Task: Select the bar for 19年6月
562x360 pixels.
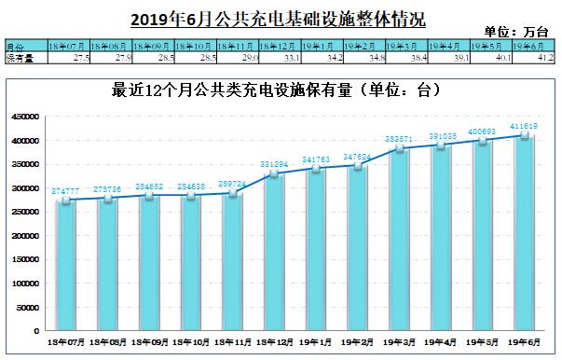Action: [526, 233]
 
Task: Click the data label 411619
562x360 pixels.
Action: [525, 125]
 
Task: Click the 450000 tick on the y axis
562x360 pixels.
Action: [24, 118]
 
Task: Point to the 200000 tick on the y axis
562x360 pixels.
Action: [24, 236]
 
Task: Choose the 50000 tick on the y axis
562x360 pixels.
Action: [27, 307]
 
